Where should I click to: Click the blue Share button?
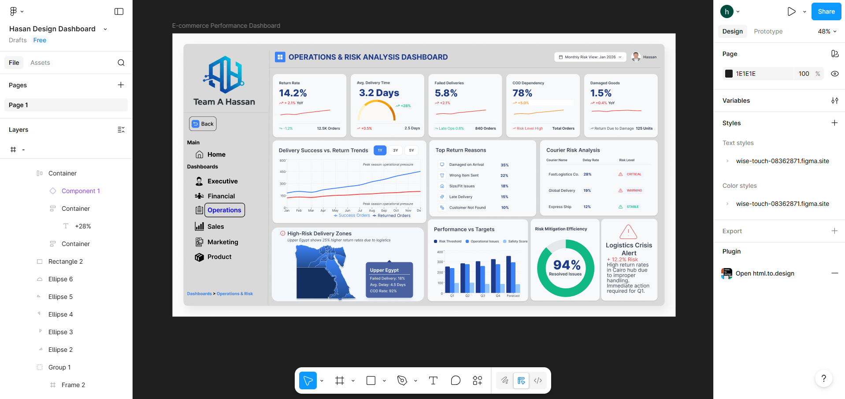pyautogui.click(x=826, y=11)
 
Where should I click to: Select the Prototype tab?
pyautogui.click(x=768, y=31)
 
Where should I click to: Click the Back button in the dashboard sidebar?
pyautogui.click(x=203, y=124)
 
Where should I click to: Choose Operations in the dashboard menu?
pyautogui.click(x=224, y=210)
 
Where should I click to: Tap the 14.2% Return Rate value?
pyautogui.click(x=293, y=93)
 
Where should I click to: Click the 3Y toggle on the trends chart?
pyautogui.click(x=396, y=150)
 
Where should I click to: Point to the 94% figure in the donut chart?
pyautogui.click(x=567, y=265)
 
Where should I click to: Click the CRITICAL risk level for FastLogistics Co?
pyautogui.click(x=634, y=174)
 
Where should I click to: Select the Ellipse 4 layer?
pyautogui.click(x=60, y=314)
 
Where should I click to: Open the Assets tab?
pyautogui.click(x=40, y=63)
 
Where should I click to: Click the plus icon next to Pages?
pyautogui.click(x=121, y=85)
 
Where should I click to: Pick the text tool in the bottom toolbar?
pyautogui.click(x=433, y=380)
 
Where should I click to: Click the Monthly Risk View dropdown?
pyautogui.click(x=590, y=57)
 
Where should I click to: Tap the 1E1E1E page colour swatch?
pyautogui.click(x=729, y=74)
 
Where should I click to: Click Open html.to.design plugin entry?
pyautogui.click(x=764, y=273)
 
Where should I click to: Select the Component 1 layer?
pyautogui.click(x=81, y=191)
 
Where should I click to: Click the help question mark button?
pyautogui.click(x=823, y=378)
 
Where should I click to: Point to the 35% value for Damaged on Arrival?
pyautogui.click(x=504, y=165)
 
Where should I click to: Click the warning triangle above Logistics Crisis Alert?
pyautogui.click(x=628, y=231)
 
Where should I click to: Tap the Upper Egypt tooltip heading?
pyautogui.click(x=384, y=270)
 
